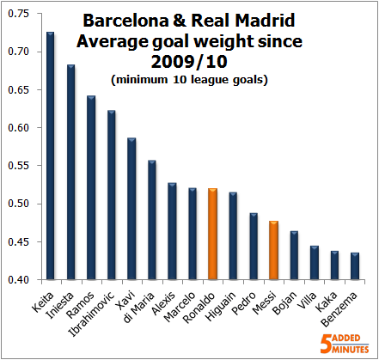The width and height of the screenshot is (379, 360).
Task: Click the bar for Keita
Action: click(x=50, y=156)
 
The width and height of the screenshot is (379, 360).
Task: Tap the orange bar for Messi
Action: click(x=273, y=250)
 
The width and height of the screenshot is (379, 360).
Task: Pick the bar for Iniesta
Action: click(x=70, y=172)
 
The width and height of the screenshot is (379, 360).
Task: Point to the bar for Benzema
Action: click(x=355, y=266)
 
